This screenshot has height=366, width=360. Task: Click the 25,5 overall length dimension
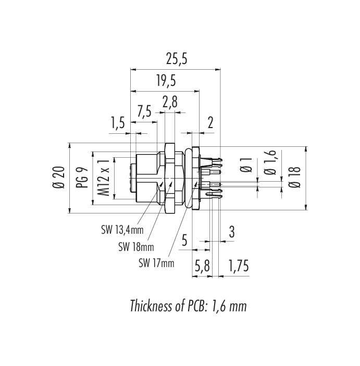[177, 59]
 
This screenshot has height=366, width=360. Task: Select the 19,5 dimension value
[166, 81]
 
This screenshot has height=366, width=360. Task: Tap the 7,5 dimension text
[144, 111]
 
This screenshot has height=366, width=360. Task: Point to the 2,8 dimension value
[170, 102]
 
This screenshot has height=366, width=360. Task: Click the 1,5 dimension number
[118, 123]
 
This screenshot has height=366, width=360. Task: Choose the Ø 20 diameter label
[59, 178]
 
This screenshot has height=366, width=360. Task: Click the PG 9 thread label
[82, 178]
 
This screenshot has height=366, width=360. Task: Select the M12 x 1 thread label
[104, 178]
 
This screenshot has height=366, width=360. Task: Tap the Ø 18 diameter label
[294, 178]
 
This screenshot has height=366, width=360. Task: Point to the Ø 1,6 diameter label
[270, 162]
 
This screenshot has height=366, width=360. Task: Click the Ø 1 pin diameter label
[246, 165]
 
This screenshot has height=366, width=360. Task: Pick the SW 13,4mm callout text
[122, 230]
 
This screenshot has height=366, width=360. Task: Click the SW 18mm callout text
[136, 247]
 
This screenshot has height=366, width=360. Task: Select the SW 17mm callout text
[156, 263]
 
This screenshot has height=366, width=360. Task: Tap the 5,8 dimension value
[202, 266]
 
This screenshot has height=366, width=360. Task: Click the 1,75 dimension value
[238, 266]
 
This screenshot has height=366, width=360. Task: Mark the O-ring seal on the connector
[188, 178]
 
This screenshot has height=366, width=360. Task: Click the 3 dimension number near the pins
[231, 232]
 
